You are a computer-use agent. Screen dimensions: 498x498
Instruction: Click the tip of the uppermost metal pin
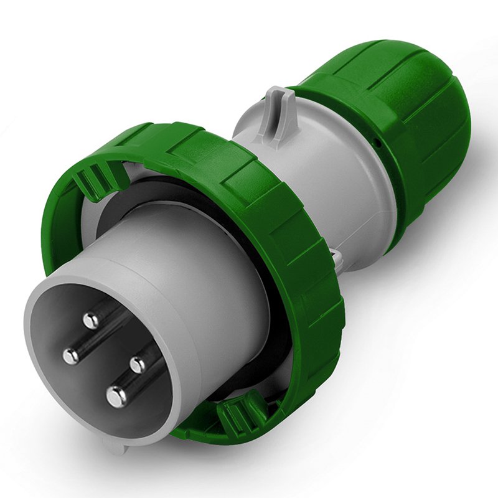click(x=91, y=321)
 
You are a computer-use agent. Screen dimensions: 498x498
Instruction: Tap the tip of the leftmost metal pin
click(x=71, y=355)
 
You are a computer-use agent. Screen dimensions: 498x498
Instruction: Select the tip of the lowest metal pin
click(x=116, y=396)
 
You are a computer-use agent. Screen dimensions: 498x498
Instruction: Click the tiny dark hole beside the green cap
click(x=376, y=143)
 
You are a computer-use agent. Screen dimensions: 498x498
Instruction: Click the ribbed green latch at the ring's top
click(x=93, y=181)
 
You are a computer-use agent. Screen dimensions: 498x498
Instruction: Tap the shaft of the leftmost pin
click(x=87, y=345)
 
